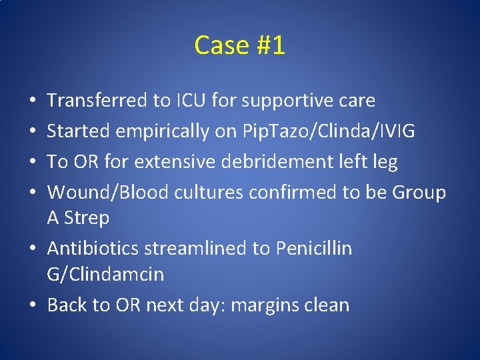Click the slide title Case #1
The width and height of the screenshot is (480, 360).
(239, 45)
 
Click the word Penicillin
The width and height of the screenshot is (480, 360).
(311, 249)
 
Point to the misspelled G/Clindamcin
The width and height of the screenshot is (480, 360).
(105, 275)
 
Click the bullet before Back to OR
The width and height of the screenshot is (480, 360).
(34, 305)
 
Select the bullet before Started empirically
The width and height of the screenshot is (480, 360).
(34, 131)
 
